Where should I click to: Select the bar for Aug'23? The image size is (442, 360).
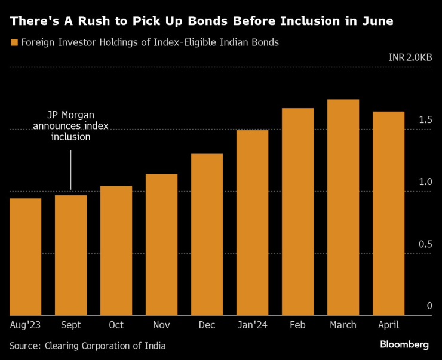tap(26, 257)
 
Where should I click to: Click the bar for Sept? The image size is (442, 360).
tap(70, 255)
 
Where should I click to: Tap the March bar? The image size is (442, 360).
tap(343, 207)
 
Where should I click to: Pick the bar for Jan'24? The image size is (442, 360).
tap(252, 222)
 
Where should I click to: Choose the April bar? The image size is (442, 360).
tap(388, 213)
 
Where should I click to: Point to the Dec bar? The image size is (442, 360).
tap(207, 234)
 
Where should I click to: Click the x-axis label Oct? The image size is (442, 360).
tap(116, 325)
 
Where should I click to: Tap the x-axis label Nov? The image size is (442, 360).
tap(161, 325)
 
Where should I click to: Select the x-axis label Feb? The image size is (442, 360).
tap(297, 325)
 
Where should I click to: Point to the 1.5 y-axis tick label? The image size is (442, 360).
tap(425, 120)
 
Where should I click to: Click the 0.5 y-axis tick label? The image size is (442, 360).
tap(425, 244)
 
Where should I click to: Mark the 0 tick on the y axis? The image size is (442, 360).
tap(429, 306)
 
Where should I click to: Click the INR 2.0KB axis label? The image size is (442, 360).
tap(410, 57)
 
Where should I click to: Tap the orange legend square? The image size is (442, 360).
tap(13, 42)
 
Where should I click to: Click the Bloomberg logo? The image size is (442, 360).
tap(404, 344)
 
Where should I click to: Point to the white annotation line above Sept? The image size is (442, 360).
tap(70, 170)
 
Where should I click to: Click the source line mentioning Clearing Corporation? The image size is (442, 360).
tap(87, 345)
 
